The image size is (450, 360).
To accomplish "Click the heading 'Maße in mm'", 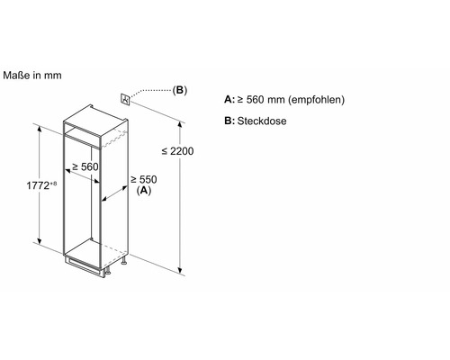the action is pyautogui.click(x=32, y=76).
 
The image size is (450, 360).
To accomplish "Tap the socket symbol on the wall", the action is pyautogui.click(x=125, y=99).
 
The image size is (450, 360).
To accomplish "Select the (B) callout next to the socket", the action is pyautogui.click(x=180, y=90).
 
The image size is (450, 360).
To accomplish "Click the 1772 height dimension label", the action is pyautogui.click(x=38, y=185).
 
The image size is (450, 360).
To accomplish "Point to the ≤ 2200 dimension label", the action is pyautogui.click(x=177, y=151).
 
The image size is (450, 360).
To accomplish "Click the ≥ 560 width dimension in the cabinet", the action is pyautogui.click(x=85, y=166).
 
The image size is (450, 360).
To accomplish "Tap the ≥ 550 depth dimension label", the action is pyautogui.click(x=144, y=180).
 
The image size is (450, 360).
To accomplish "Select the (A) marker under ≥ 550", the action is pyautogui.click(x=144, y=190).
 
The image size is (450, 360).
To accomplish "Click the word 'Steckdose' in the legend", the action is pyautogui.click(x=262, y=121).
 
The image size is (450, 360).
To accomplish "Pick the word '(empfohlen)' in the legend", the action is pyautogui.click(x=316, y=100).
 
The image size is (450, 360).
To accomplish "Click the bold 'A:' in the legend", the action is pyautogui.click(x=229, y=99).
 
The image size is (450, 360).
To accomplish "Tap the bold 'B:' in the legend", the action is pyautogui.click(x=229, y=121).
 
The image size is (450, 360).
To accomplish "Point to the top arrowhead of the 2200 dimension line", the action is pyautogui.click(x=180, y=124).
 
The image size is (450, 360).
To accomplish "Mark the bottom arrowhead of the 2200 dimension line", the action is pyautogui.click(x=180, y=271).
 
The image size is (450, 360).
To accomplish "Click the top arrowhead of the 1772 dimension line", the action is pyautogui.click(x=39, y=129).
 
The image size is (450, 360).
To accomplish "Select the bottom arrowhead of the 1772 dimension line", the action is pyautogui.click(x=39, y=240).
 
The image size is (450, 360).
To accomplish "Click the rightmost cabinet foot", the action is pyautogui.click(x=124, y=261).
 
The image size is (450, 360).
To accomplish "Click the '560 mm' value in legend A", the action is pyautogui.click(x=265, y=100).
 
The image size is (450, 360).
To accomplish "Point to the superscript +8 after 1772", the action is pyautogui.click(x=53, y=184).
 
